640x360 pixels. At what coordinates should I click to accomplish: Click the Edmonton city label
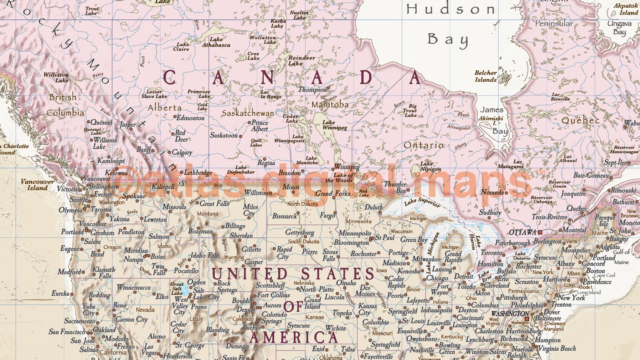click(x=190, y=118)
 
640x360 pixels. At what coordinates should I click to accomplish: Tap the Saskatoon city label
click(x=224, y=135)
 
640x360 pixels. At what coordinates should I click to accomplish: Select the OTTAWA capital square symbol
click(x=540, y=232)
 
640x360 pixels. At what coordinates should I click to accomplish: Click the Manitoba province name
click(x=330, y=104)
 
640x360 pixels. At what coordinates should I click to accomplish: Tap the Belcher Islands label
click(x=485, y=76)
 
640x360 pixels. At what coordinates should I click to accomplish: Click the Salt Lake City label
click(x=206, y=294)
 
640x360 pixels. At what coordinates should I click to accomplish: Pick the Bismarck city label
click(x=284, y=216)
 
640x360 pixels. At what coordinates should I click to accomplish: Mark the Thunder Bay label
click(x=395, y=187)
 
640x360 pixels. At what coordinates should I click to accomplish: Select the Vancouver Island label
click(x=37, y=184)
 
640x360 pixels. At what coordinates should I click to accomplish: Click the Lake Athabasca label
click(x=216, y=42)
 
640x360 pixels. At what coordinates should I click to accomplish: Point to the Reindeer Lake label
click(x=301, y=60)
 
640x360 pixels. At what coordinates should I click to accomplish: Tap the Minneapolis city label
click(x=355, y=233)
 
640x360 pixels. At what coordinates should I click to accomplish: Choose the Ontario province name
click(x=424, y=145)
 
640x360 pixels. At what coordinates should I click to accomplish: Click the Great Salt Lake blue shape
click(x=186, y=290)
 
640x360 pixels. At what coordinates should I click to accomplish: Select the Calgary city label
click(x=182, y=152)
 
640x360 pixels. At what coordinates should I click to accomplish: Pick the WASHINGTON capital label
click(x=510, y=313)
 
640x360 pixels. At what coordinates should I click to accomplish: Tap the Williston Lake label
click(x=56, y=77)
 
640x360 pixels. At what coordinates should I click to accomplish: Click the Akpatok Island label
click(x=625, y=9)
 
